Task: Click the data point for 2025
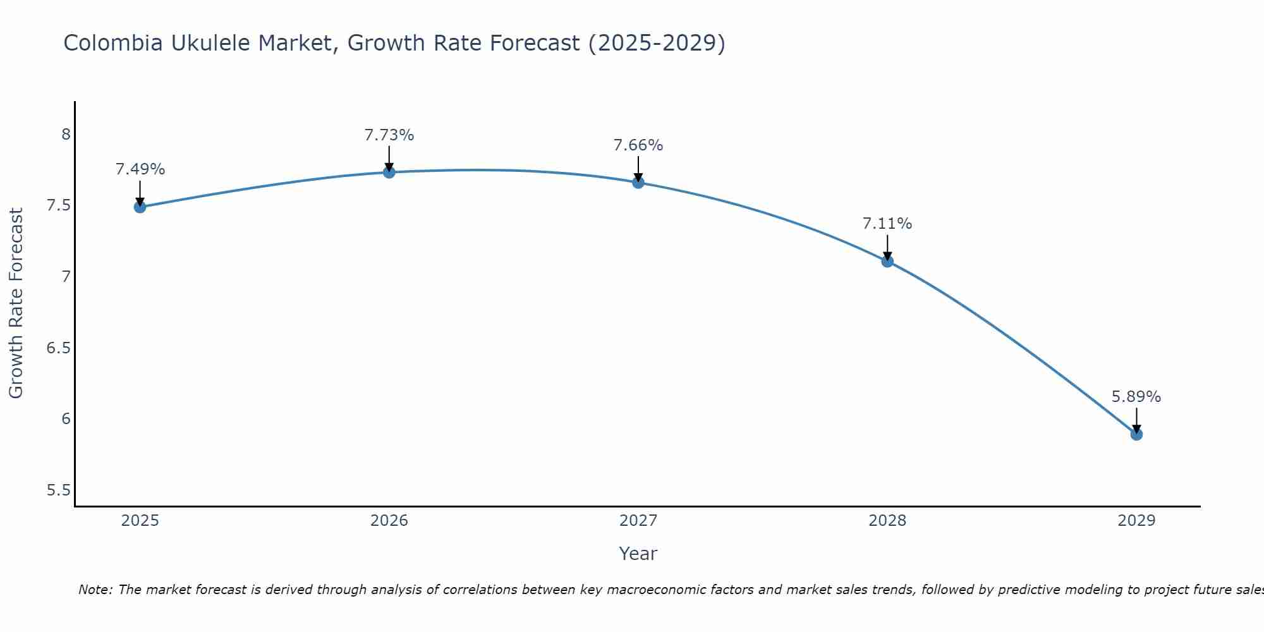point(140,207)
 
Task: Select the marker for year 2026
point(389,172)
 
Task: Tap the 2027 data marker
point(638,183)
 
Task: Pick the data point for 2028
point(887,261)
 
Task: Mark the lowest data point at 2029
point(1136,434)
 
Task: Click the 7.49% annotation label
point(140,169)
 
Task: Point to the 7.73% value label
point(389,135)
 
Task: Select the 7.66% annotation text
point(638,145)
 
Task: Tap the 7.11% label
point(887,224)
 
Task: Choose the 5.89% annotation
point(1136,397)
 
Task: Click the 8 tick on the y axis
point(66,135)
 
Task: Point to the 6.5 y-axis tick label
point(59,348)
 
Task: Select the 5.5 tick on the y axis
point(59,490)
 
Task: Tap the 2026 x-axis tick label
point(389,521)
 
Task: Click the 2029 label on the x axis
point(1136,521)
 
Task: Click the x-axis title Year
point(638,554)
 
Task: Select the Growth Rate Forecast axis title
point(16,303)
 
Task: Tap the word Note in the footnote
point(95,590)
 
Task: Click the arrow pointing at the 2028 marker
point(887,248)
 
